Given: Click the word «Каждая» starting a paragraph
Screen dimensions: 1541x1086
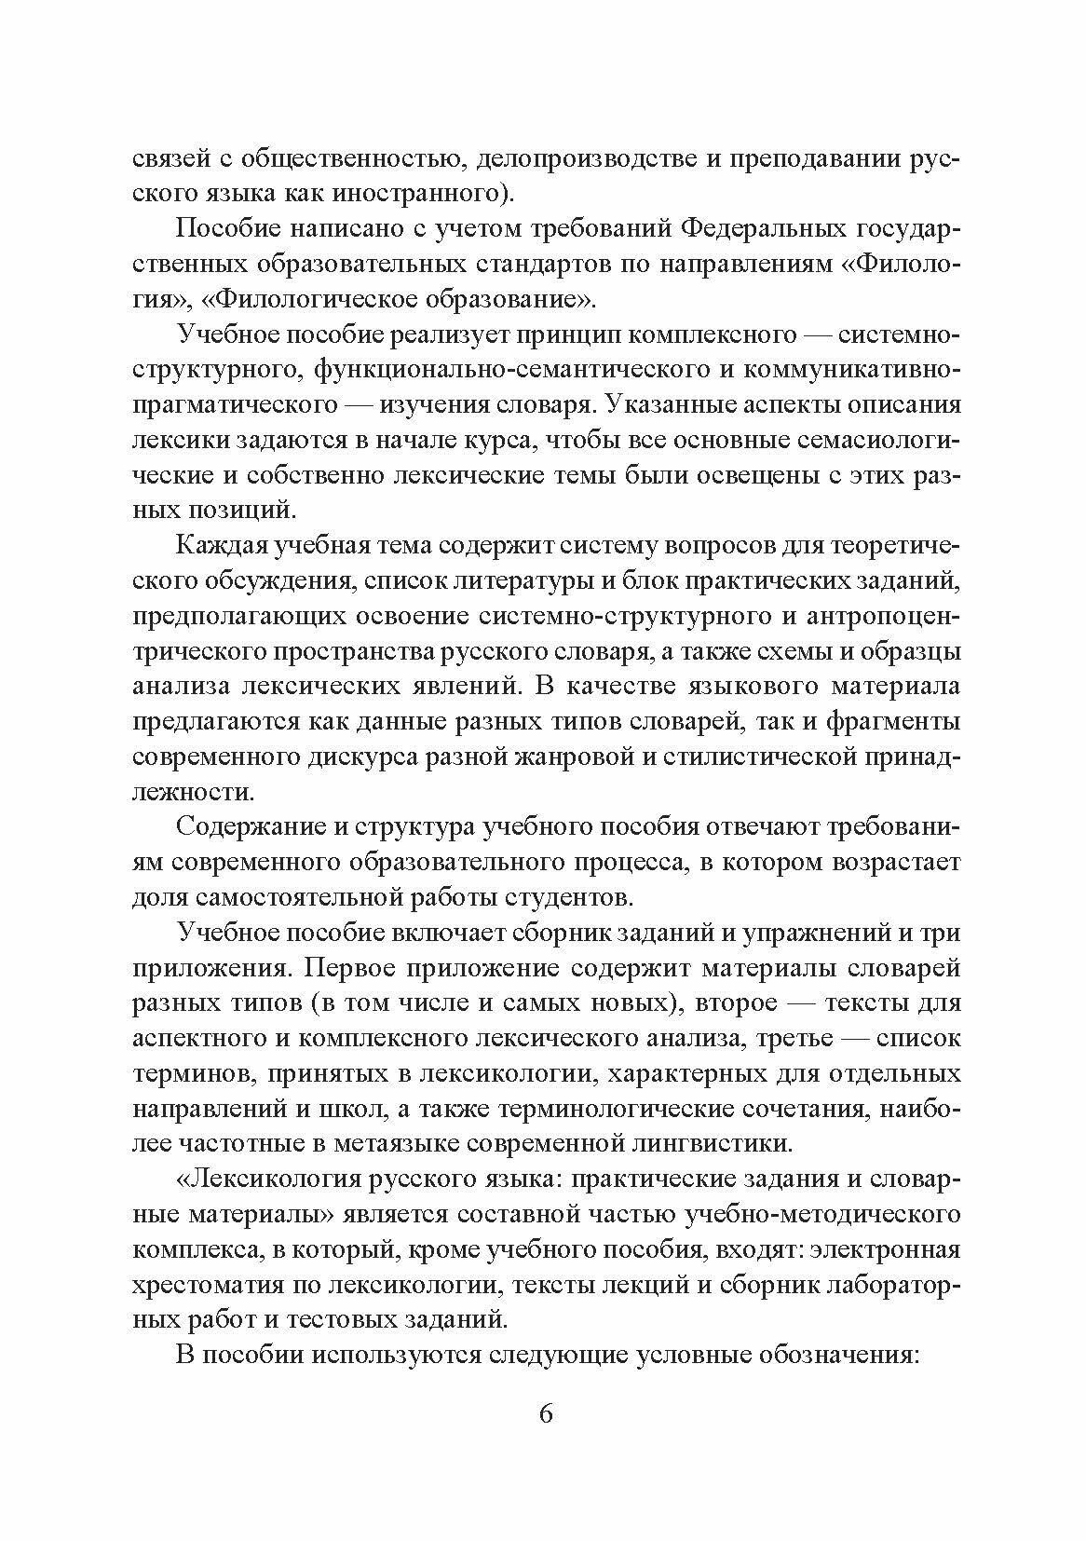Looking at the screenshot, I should point(216,546).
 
